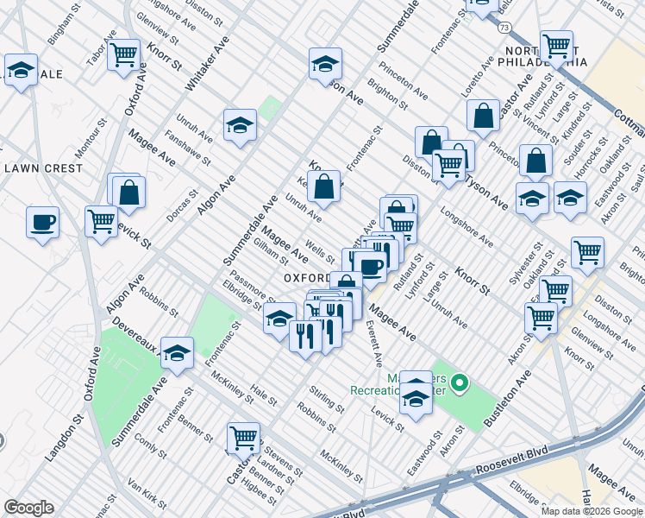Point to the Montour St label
click(89, 142)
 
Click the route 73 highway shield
click(504, 28)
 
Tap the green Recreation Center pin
click(460, 382)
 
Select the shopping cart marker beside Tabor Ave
click(124, 54)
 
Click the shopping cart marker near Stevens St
click(244, 437)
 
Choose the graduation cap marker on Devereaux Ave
click(177, 352)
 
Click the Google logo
click(28, 508)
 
